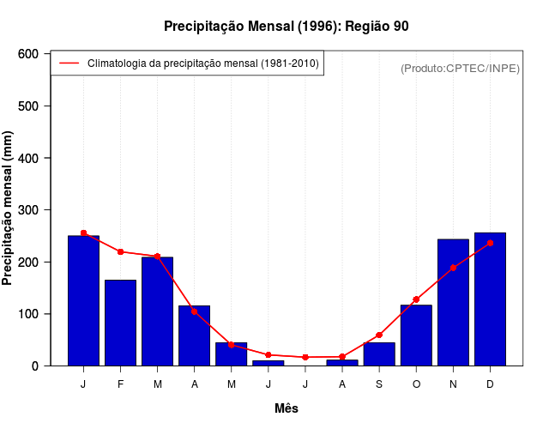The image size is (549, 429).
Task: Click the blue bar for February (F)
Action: tap(120, 323)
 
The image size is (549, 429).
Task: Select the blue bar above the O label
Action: tap(416, 335)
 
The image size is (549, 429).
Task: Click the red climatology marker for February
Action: tap(120, 251)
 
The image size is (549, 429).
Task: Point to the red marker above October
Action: tap(416, 299)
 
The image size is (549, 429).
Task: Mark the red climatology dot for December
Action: tap(490, 244)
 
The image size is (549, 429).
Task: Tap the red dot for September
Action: tap(379, 335)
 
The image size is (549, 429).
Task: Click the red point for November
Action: tap(453, 268)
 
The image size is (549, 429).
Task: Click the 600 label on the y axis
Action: tap(27, 54)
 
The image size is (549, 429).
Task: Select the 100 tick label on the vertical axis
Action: tap(27, 314)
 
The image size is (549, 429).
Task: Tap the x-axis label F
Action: tap(120, 384)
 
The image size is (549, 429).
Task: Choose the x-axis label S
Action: tap(379, 384)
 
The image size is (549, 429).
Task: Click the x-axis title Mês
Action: tap(287, 408)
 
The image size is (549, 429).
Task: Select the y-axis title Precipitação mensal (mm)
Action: tap(9, 208)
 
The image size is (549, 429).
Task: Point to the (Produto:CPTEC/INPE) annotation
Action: tap(460, 68)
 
